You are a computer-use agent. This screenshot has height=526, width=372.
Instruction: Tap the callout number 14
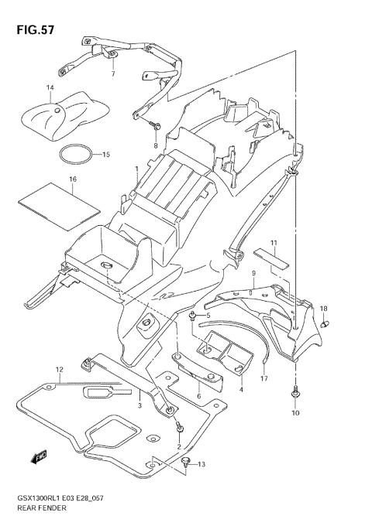coord(50,88)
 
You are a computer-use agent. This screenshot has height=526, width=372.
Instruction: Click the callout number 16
coord(72,179)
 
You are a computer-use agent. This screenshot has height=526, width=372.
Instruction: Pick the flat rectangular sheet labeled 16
coord(59,200)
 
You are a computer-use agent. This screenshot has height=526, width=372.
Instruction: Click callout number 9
coord(253,274)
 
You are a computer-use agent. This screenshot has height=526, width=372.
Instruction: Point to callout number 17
coord(263,379)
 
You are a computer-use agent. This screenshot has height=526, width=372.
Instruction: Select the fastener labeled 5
coord(191,316)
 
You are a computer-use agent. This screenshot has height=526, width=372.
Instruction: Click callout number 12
coord(59,371)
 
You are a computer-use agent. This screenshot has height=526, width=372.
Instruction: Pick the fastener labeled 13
coord(186,463)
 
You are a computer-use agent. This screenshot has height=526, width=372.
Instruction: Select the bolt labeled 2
coord(179,427)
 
